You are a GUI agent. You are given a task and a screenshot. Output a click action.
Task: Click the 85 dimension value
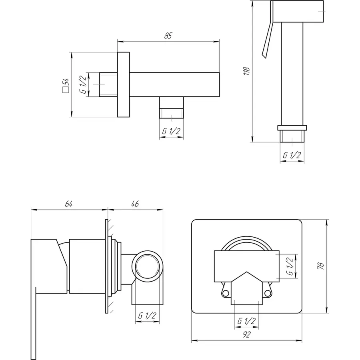pos(168,36)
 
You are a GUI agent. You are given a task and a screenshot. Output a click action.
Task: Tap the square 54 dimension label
pos(66,85)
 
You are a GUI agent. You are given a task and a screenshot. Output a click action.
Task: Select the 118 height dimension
pos(246,71)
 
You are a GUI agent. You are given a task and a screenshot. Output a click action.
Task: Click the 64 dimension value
pos(69,204)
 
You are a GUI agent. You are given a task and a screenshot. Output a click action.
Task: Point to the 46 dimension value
pos(135,204)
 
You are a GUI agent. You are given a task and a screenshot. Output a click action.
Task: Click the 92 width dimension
pos(246,334)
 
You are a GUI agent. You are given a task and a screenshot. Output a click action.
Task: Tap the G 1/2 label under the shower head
pos(292,156)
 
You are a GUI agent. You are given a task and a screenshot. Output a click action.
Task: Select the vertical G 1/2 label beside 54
pos(83,84)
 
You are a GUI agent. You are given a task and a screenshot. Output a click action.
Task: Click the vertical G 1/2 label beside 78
pos(290,266)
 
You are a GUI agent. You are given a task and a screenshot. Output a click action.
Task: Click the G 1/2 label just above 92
pos(246,321)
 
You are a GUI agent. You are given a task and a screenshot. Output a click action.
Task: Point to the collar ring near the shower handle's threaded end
pos(292,128)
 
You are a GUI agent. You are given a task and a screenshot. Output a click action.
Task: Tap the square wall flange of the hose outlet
pos(124,84)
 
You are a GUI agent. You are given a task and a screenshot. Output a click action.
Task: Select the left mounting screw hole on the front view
pos(225,293)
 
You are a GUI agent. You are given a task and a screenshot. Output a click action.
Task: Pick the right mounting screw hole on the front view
pos(268,293)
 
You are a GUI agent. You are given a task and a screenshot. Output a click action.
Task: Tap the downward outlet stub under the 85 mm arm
pos(172,108)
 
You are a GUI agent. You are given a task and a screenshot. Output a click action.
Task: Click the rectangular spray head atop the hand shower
pos(297,11)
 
